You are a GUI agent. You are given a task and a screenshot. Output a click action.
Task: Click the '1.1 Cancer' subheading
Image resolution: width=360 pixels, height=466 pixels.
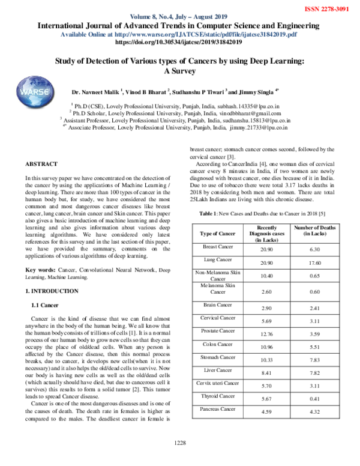point(44,306)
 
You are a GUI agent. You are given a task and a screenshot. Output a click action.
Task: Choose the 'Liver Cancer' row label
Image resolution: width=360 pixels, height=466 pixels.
point(217,371)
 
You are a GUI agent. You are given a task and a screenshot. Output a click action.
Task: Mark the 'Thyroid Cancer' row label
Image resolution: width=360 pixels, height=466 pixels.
point(217,396)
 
